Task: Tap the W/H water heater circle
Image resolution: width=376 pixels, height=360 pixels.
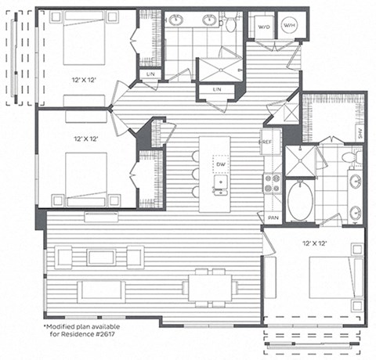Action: point(289,27)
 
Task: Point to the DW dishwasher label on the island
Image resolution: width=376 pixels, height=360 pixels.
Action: point(222,164)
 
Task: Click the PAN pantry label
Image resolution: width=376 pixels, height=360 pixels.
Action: point(273,218)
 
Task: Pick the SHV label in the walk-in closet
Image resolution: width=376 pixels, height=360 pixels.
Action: point(360,132)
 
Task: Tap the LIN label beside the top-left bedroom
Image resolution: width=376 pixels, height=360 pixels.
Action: point(149,74)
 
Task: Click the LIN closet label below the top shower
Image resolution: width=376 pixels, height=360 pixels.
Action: point(217,91)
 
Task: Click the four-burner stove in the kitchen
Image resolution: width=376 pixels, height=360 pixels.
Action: point(272,184)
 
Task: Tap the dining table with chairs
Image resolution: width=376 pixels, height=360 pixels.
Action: point(211,285)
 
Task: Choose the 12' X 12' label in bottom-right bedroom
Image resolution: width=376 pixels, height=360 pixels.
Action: point(313,243)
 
